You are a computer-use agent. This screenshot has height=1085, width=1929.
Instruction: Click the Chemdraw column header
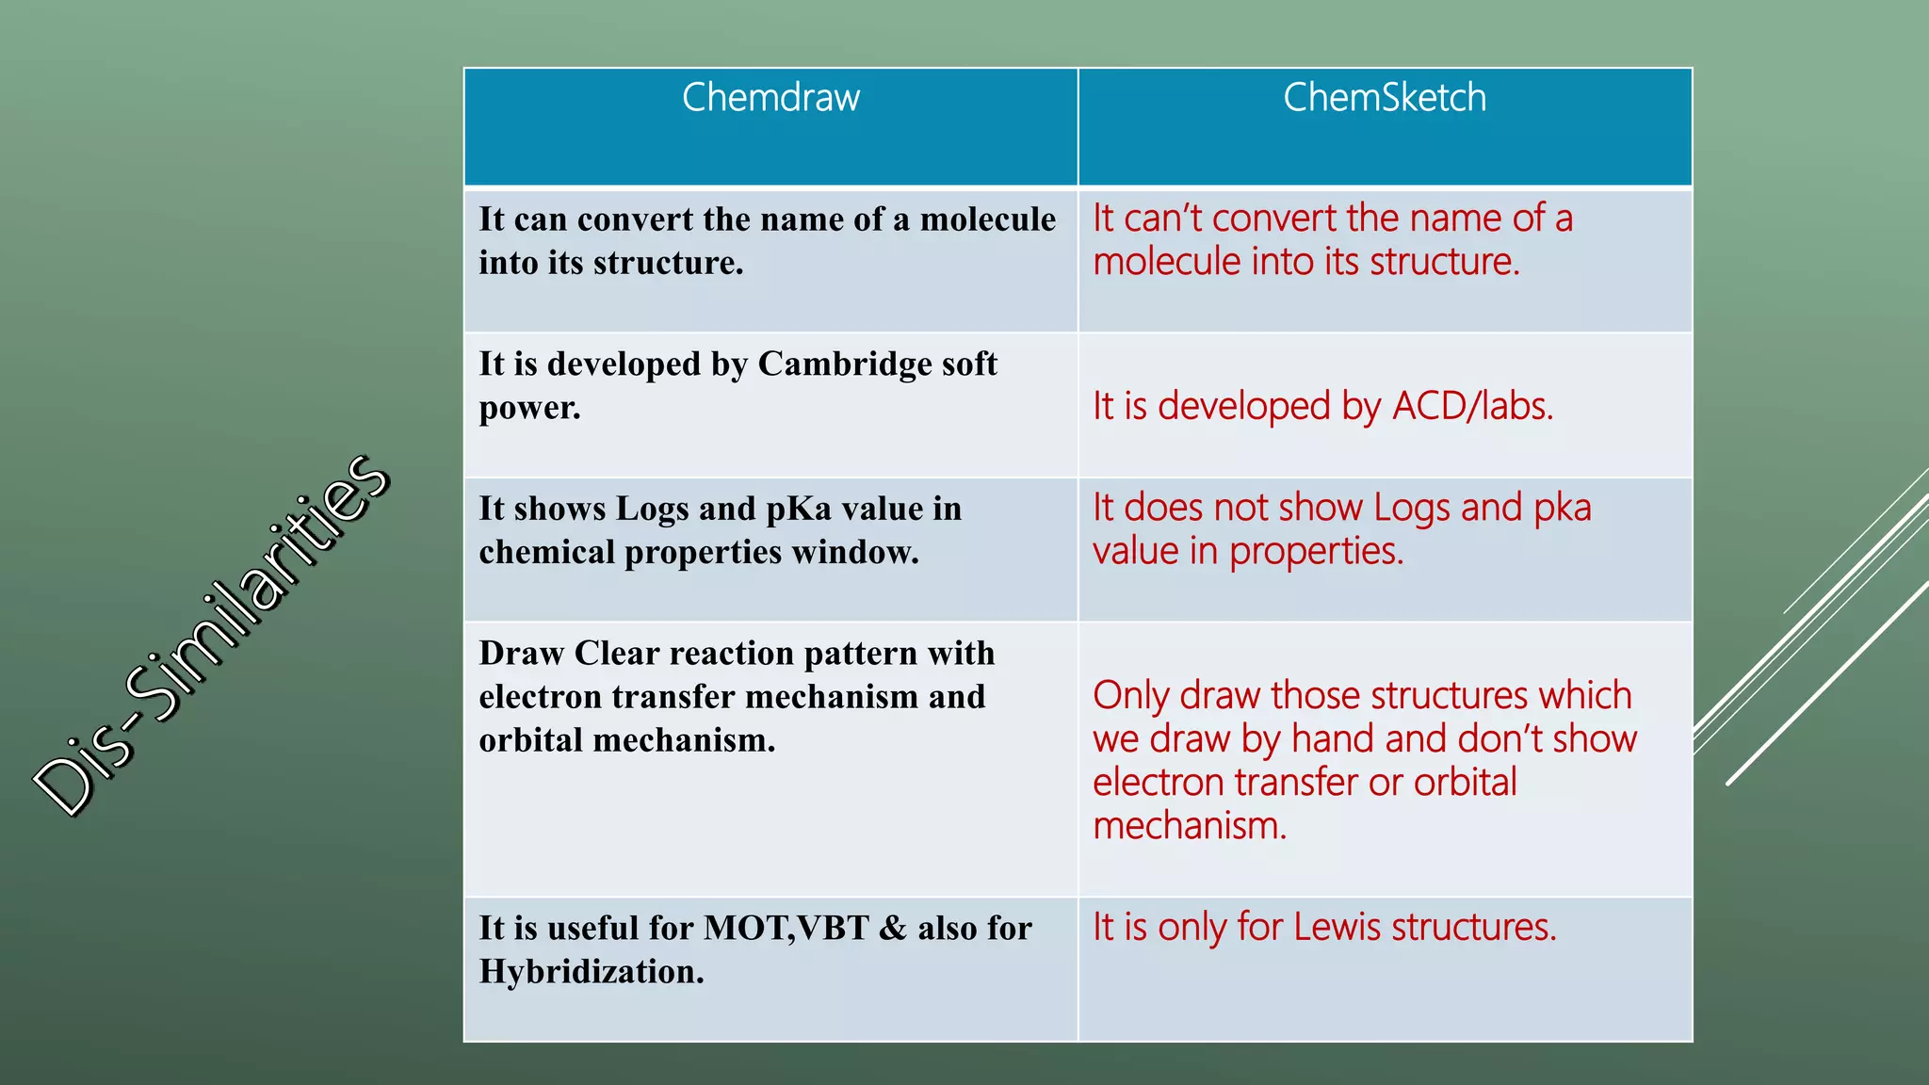click(x=770, y=98)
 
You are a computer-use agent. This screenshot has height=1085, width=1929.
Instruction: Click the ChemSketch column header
click(x=1384, y=98)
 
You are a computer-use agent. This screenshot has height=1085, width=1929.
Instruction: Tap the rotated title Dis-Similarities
click(x=212, y=635)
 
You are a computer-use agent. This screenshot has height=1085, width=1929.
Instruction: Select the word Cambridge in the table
click(x=831, y=364)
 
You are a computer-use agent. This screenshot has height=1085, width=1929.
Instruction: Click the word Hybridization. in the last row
click(x=591, y=972)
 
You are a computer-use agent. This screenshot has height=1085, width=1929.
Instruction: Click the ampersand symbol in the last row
click(x=892, y=929)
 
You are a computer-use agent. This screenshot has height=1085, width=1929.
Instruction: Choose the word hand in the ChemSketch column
click(x=1330, y=738)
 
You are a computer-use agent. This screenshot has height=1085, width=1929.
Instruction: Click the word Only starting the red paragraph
click(x=1130, y=696)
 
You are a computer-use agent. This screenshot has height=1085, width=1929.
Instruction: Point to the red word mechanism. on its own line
click(x=1189, y=826)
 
